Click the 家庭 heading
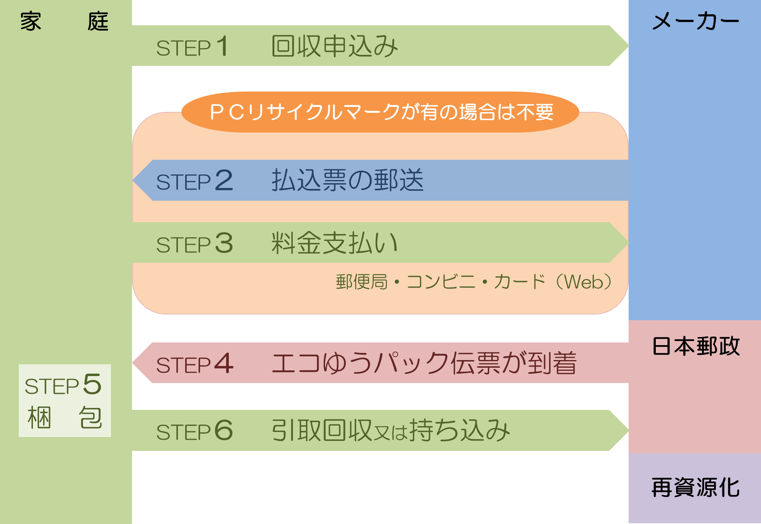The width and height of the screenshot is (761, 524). [64, 21]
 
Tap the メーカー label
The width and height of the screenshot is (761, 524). [696, 21]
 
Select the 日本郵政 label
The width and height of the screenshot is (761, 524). [696, 346]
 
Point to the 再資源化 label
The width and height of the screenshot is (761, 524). [696, 487]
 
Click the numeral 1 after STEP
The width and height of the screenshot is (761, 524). [222, 46]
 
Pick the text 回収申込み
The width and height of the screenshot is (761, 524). [335, 46]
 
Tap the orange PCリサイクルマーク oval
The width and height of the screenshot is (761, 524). [380, 112]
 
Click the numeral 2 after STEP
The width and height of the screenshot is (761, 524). [224, 180]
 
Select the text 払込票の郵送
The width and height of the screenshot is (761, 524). [347, 180]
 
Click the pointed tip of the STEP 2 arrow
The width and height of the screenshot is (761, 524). [133, 180]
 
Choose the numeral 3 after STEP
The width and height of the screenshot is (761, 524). [224, 243]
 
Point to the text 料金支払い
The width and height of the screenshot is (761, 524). [335, 243]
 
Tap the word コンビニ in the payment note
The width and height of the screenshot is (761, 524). [441, 282]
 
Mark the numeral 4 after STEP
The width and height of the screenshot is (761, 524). [224, 363]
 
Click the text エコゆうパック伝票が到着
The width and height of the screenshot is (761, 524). [424, 363]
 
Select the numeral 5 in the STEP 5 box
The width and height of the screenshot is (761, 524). [92, 384]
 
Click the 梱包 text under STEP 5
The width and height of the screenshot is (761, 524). [65, 418]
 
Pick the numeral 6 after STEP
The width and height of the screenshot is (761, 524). [224, 430]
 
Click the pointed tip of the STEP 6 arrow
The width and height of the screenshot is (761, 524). [629, 430]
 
